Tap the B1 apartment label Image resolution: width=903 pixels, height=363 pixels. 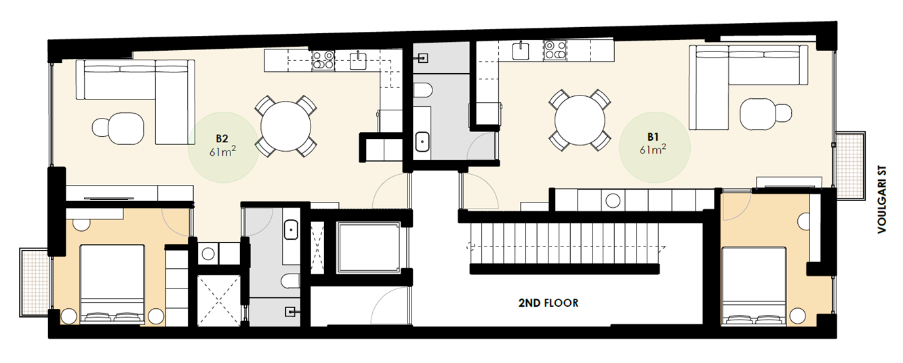[653, 136]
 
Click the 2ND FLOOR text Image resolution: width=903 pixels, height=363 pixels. [547, 303]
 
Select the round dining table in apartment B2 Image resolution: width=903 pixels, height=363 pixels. [286, 126]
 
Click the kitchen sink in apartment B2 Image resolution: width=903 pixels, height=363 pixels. [358, 60]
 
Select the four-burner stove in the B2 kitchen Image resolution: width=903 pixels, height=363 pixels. [323, 61]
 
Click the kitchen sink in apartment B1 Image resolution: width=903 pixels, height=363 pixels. [521, 49]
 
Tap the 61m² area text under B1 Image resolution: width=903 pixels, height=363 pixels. [653, 150]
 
